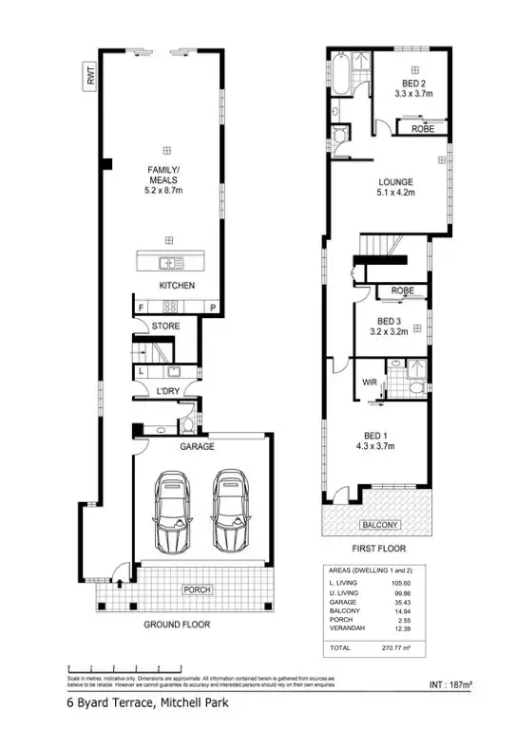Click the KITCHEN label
[177, 285]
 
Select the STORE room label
[165, 327]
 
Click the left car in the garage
[172, 512]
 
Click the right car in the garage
[228, 512]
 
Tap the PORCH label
[198, 589]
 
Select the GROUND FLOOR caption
[177, 625]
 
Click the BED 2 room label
[413, 84]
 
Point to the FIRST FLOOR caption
[379, 549]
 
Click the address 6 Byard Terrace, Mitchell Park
[145, 704]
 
